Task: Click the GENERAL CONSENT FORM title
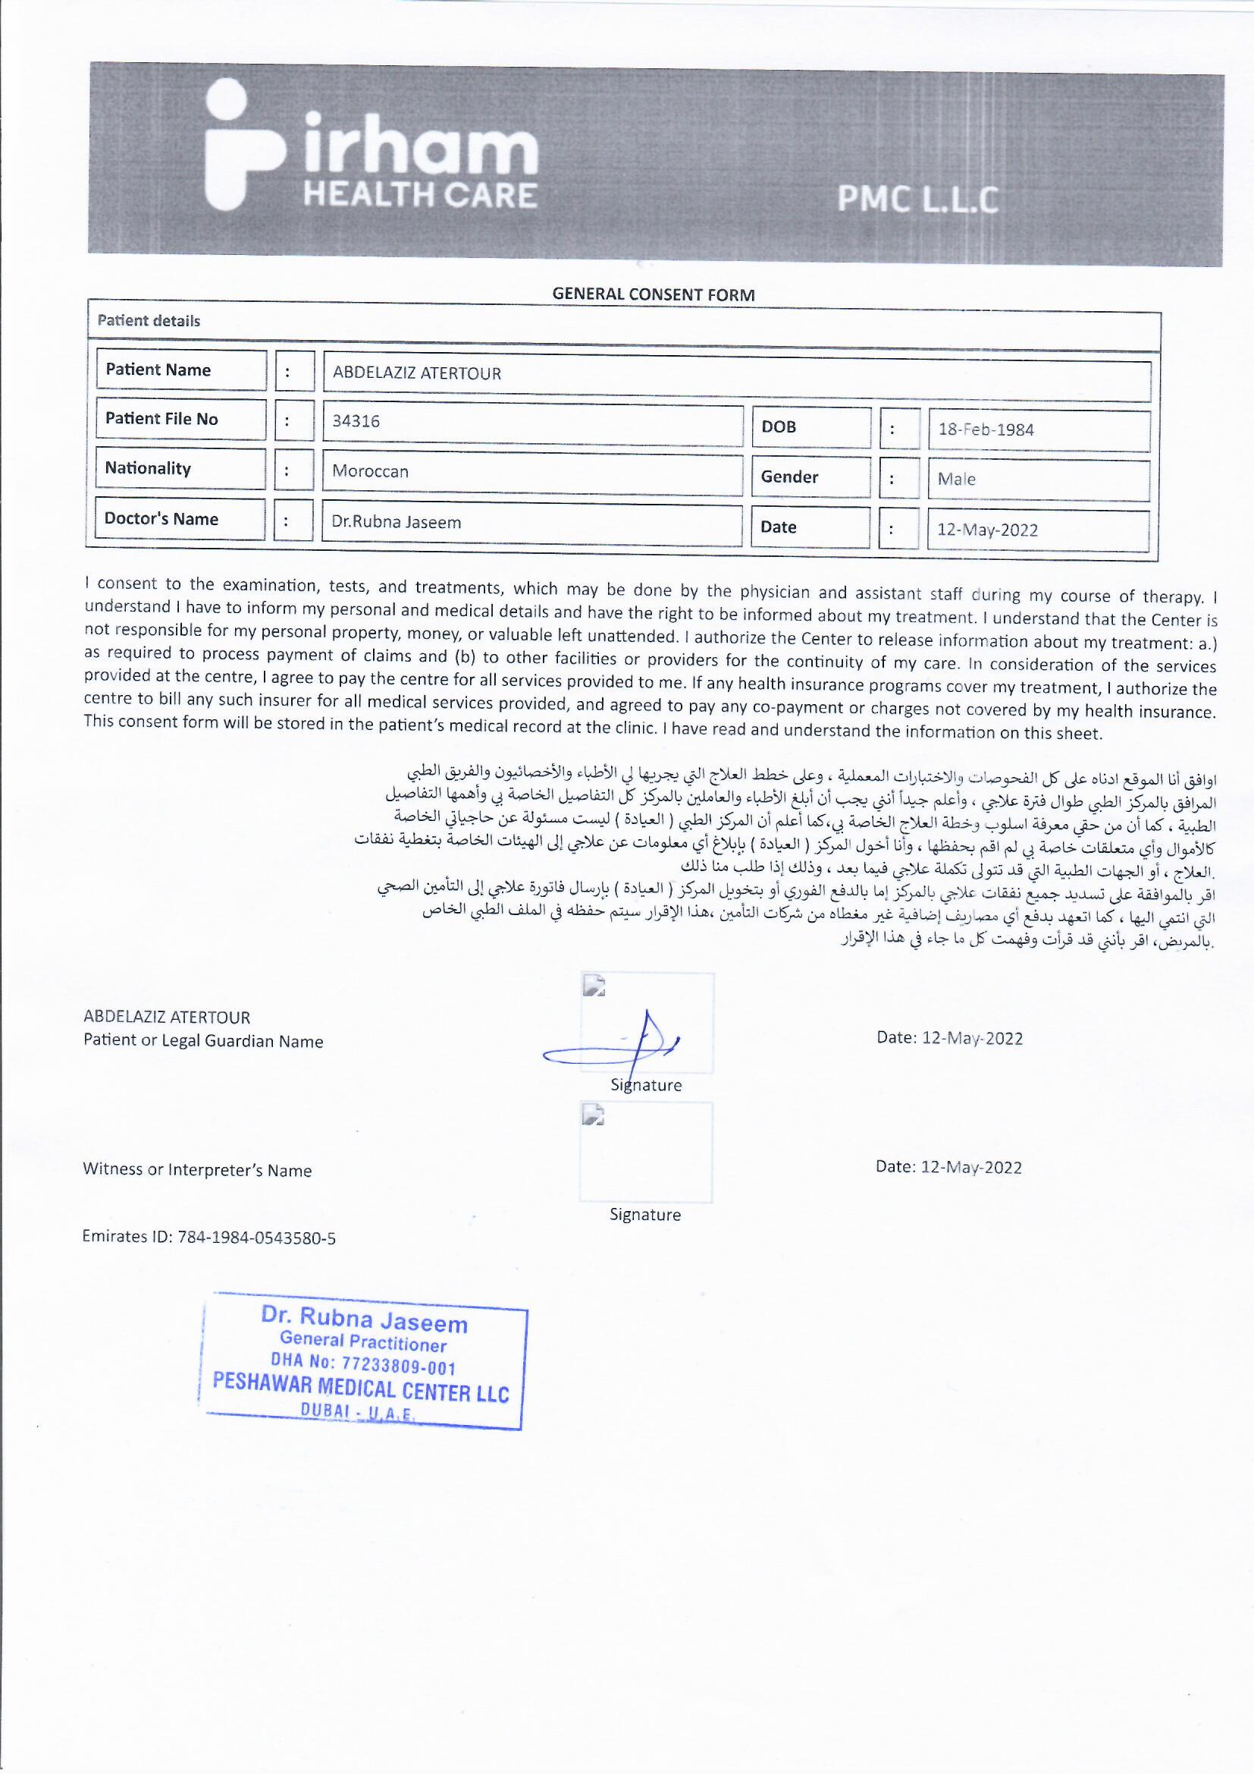(x=654, y=294)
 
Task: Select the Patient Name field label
(x=158, y=370)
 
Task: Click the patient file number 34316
(x=356, y=422)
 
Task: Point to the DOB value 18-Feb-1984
(x=986, y=430)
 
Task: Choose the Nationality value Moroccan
(x=371, y=471)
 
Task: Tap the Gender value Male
(x=957, y=479)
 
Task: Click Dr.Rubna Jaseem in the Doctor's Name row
(x=396, y=522)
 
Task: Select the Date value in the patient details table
(x=987, y=530)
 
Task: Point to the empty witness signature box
(x=645, y=1152)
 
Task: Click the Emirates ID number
(x=256, y=1238)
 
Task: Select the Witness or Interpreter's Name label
(x=198, y=1171)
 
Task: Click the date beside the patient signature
(x=949, y=1039)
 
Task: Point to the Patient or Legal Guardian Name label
(x=204, y=1042)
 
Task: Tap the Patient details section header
(x=149, y=322)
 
